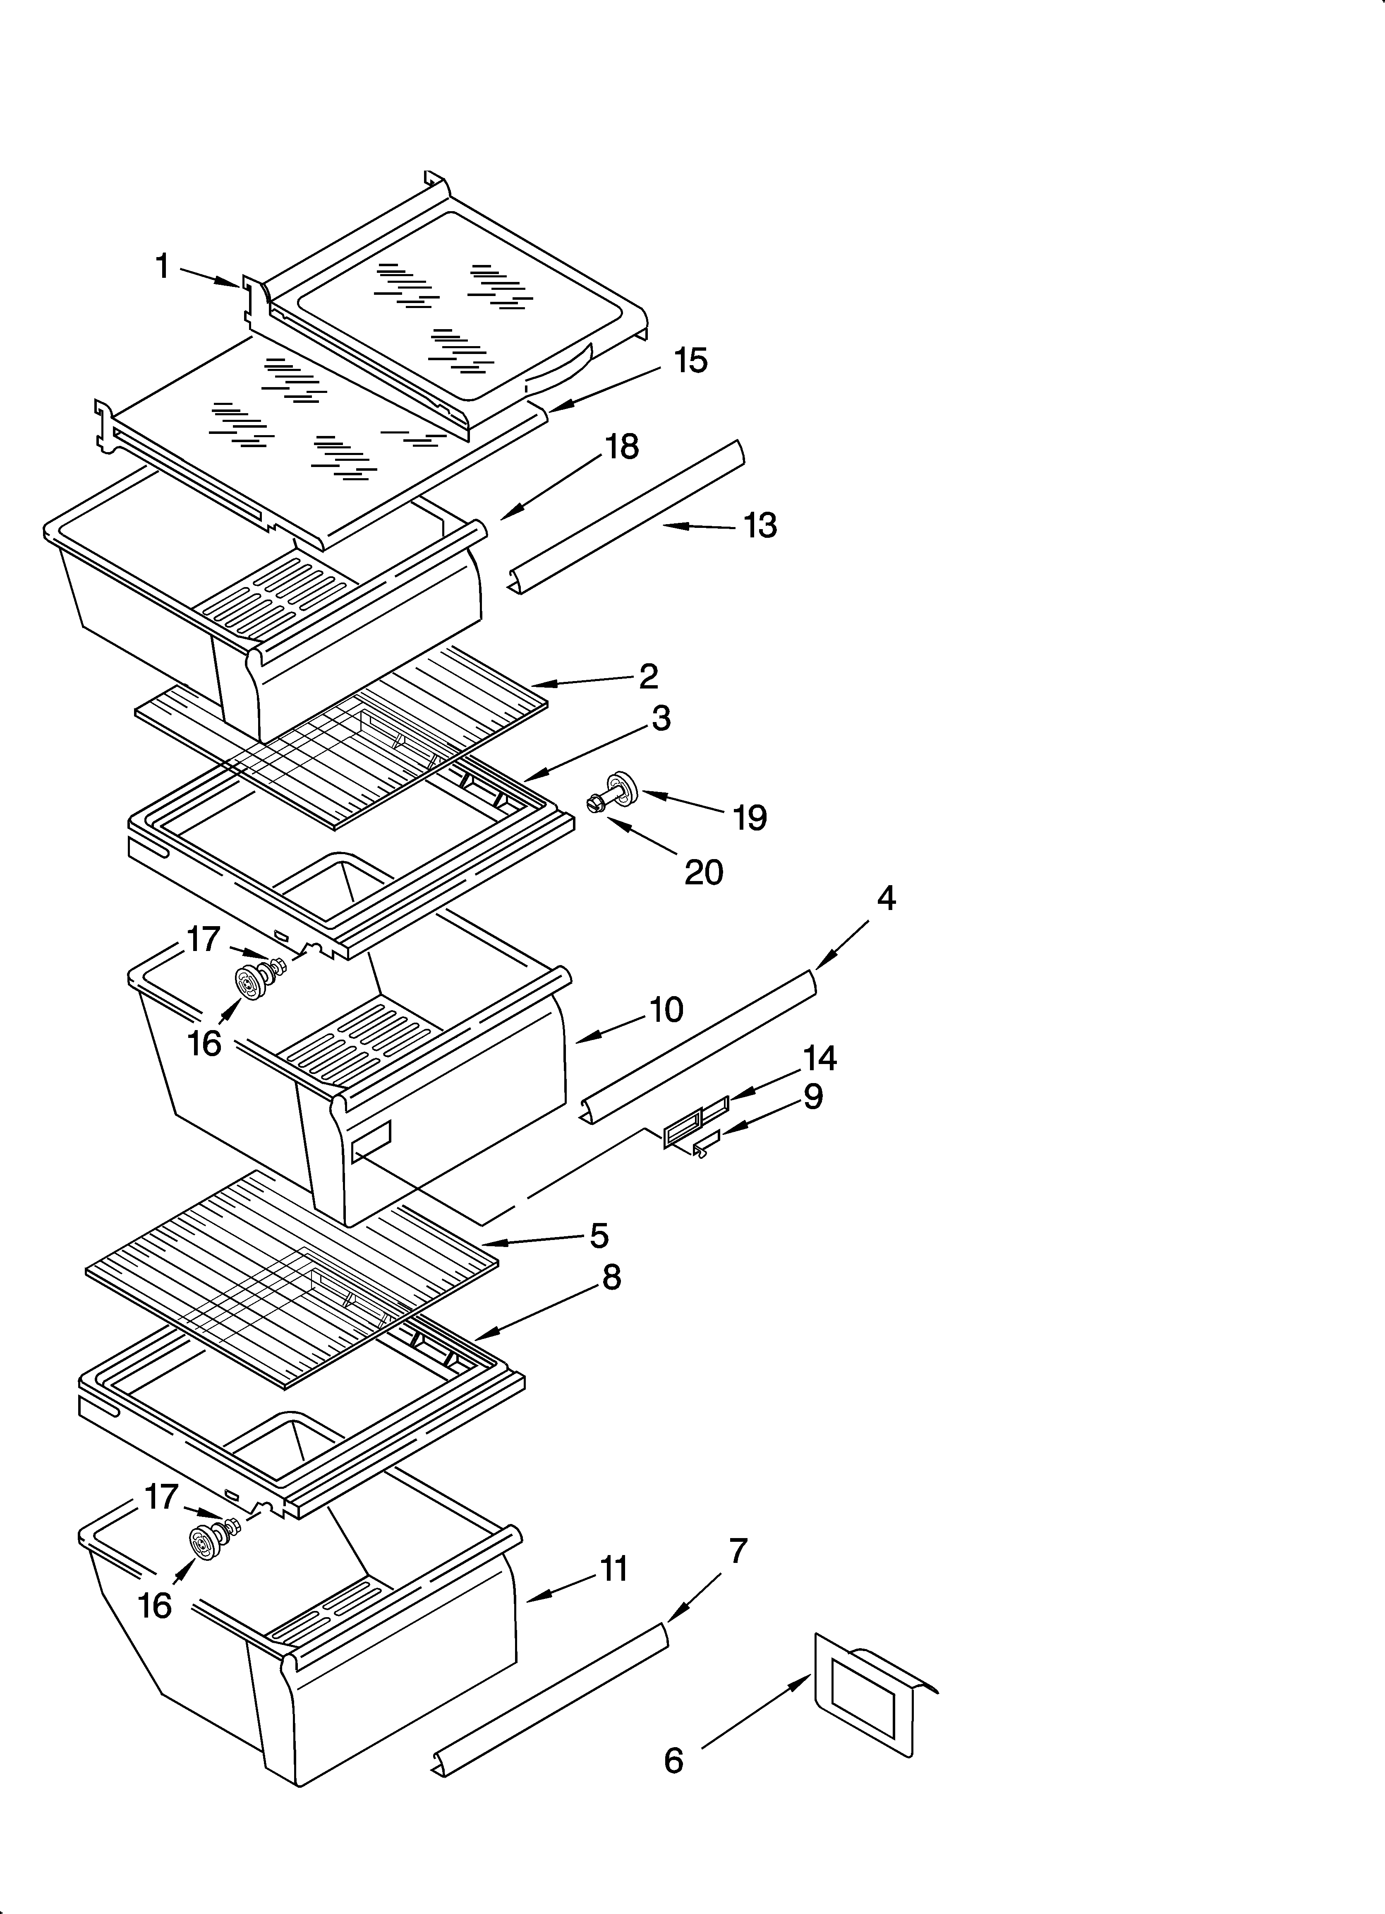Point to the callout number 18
tap(622, 447)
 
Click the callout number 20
tap(704, 872)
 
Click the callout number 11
tap(613, 1569)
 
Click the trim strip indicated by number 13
tap(628, 516)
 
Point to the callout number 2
tap(648, 676)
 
